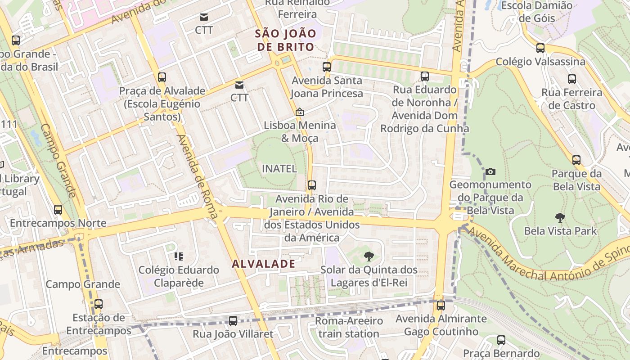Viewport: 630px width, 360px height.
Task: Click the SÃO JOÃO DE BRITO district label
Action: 284,40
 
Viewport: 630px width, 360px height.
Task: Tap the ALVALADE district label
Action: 264,264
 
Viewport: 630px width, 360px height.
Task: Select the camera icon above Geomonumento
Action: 490,171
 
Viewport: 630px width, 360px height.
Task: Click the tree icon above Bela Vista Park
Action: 560,218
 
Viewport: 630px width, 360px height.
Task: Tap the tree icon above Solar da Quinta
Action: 369,256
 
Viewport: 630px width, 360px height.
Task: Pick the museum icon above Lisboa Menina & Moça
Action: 300,112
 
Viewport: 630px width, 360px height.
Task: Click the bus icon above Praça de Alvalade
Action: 162,77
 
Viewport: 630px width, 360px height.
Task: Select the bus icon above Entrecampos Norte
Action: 58,210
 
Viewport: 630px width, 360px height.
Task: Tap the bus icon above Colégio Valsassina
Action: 540,48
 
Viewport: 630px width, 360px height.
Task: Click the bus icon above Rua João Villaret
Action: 233,321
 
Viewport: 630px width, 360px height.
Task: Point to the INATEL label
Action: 279,169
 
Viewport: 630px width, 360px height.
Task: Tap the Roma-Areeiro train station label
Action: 349,328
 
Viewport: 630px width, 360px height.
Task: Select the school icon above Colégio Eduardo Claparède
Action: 179,256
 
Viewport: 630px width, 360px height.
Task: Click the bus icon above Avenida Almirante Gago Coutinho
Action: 441,306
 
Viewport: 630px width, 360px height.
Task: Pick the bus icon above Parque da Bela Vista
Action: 576,160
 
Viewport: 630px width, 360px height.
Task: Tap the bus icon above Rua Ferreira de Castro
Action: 572,79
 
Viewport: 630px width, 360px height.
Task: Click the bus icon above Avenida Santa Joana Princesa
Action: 327,67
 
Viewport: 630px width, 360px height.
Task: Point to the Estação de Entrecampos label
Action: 99,324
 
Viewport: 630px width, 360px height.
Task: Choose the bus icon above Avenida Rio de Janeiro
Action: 311,185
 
